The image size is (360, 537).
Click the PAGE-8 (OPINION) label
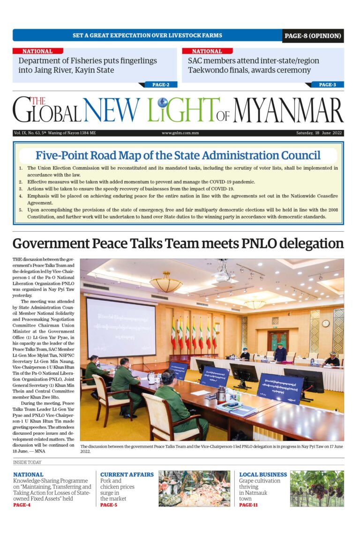(x=313, y=36)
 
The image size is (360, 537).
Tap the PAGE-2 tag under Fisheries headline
(x=160, y=85)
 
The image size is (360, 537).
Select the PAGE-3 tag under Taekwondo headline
(x=327, y=85)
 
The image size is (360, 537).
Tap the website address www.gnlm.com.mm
(x=180, y=133)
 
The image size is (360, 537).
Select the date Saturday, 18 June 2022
(x=319, y=133)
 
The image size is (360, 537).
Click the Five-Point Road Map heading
(x=178, y=155)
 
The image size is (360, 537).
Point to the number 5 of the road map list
(x=21, y=210)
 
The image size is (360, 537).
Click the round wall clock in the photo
(x=326, y=323)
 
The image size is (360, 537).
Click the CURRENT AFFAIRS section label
(x=127, y=475)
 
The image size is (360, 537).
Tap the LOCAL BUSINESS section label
(x=263, y=475)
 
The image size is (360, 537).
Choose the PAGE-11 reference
(x=248, y=505)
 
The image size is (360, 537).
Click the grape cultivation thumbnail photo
(x=316, y=489)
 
